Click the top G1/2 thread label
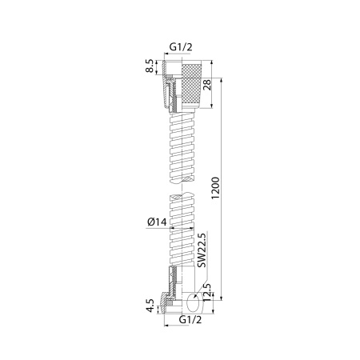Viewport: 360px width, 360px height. point(181,47)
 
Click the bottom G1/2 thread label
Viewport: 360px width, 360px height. point(190,319)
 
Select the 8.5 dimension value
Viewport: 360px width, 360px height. point(150,66)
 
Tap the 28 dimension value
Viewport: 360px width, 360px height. point(207,85)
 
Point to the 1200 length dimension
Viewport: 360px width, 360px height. point(215,188)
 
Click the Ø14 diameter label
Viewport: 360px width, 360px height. point(158,222)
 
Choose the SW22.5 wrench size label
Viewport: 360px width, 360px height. point(202,250)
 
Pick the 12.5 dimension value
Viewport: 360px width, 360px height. point(207,293)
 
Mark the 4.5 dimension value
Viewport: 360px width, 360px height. point(150,306)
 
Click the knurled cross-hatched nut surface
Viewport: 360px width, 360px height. point(191,85)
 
